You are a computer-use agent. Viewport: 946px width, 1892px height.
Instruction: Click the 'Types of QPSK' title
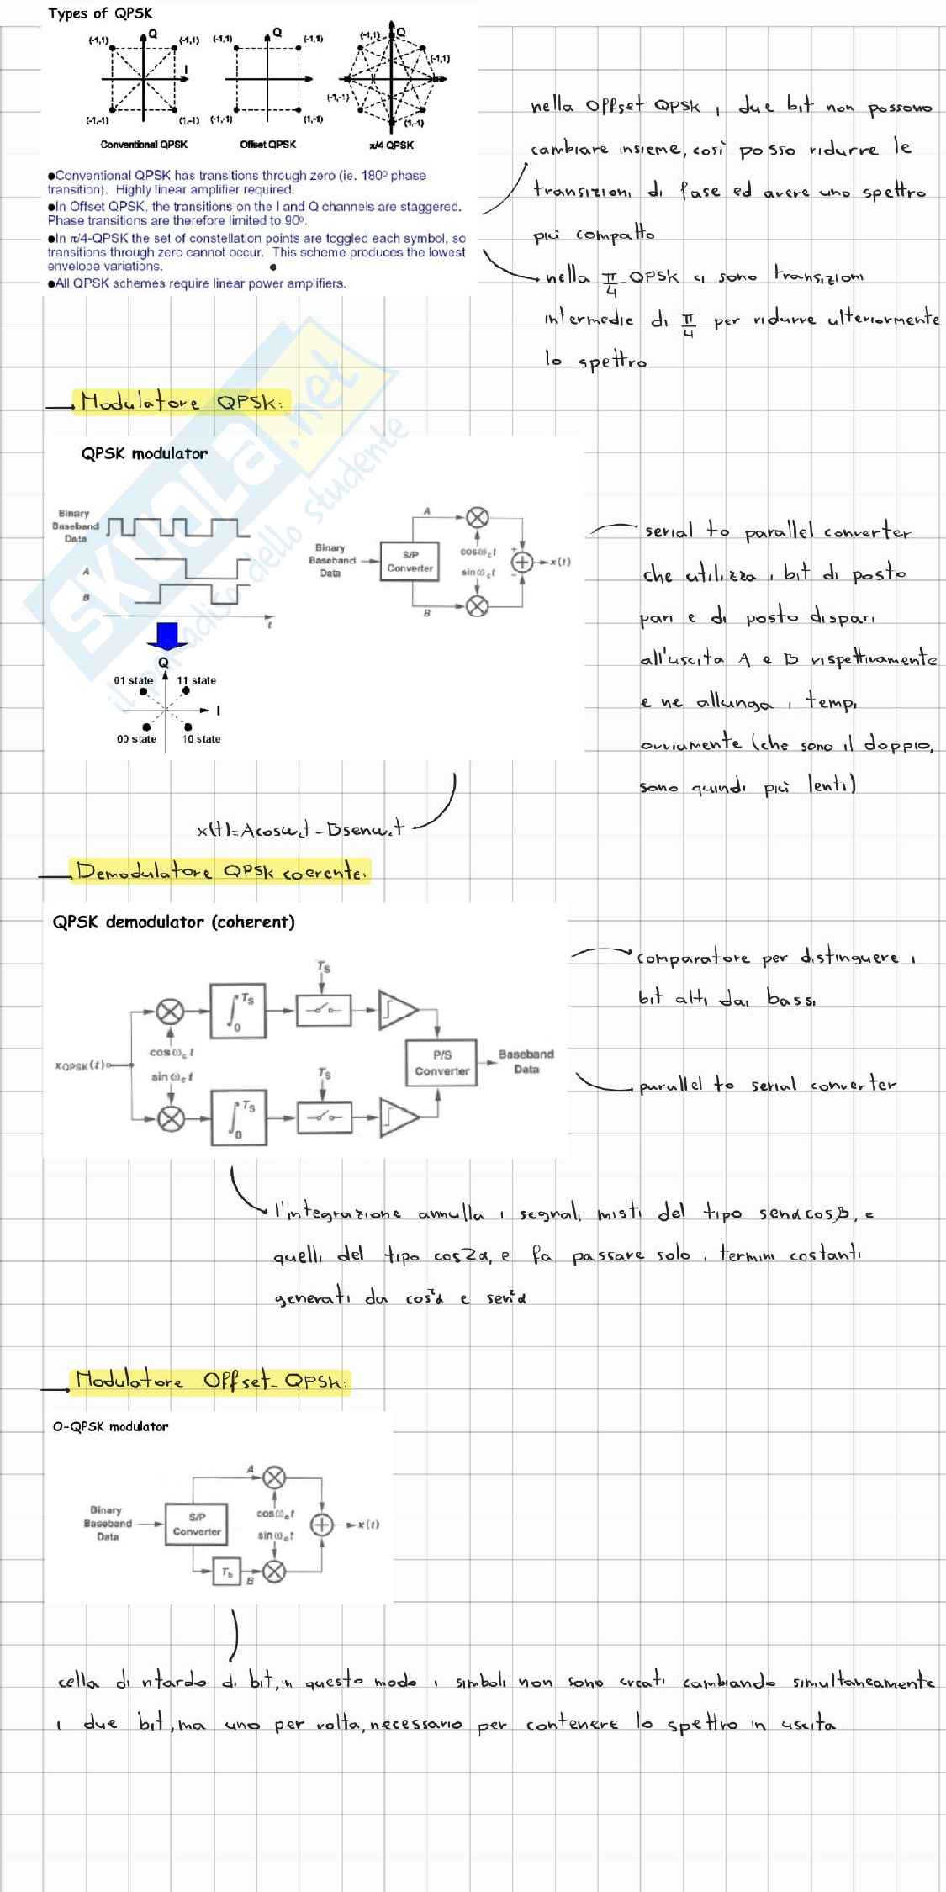pyautogui.click(x=100, y=13)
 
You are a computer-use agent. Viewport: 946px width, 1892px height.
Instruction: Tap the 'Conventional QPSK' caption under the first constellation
pyautogui.click(x=144, y=145)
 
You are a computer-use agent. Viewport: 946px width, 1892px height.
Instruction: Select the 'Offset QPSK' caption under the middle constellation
pyautogui.click(x=267, y=145)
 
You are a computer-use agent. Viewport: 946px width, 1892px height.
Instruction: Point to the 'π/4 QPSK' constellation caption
pyautogui.click(x=391, y=145)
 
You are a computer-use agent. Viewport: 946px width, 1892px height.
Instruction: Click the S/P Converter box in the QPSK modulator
pyautogui.click(x=410, y=562)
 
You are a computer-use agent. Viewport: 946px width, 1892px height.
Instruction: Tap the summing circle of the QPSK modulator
pyautogui.click(x=522, y=562)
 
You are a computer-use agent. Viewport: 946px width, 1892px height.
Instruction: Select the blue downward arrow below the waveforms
pyautogui.click(x=167, y=636)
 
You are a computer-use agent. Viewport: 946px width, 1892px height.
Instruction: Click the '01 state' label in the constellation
pyautogui.click(x=134, y=680)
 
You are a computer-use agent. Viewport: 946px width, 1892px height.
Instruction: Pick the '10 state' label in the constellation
pyautogui.click(x=201, y=739)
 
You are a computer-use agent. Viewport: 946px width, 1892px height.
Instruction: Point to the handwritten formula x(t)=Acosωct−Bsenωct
pyautogui.click(x=300, y=830)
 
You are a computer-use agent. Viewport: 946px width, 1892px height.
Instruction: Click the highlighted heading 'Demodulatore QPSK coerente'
pyautogui.click(x=220, y=871)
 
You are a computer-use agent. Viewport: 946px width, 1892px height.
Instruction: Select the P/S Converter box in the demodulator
pyautogui.click(x=441, y=1063)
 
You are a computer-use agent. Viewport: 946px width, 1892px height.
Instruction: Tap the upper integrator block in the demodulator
pyautogui.click(x=238, y=1010)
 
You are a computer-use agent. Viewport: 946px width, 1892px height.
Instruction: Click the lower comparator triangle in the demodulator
pyautogui.click(x=398, y=1117)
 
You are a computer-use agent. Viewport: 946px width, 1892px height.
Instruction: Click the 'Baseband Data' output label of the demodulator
pyautogui.click(x=526, y=1061)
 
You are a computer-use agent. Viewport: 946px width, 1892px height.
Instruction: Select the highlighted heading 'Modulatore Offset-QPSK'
pyautogui.click(x=209, y=1381)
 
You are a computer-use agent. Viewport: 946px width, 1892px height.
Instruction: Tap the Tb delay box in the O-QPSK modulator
pyautogui.click(x=226, y=1572)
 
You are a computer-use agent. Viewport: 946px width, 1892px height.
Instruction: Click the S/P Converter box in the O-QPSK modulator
pyautogui.click(x=197, y=1525)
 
